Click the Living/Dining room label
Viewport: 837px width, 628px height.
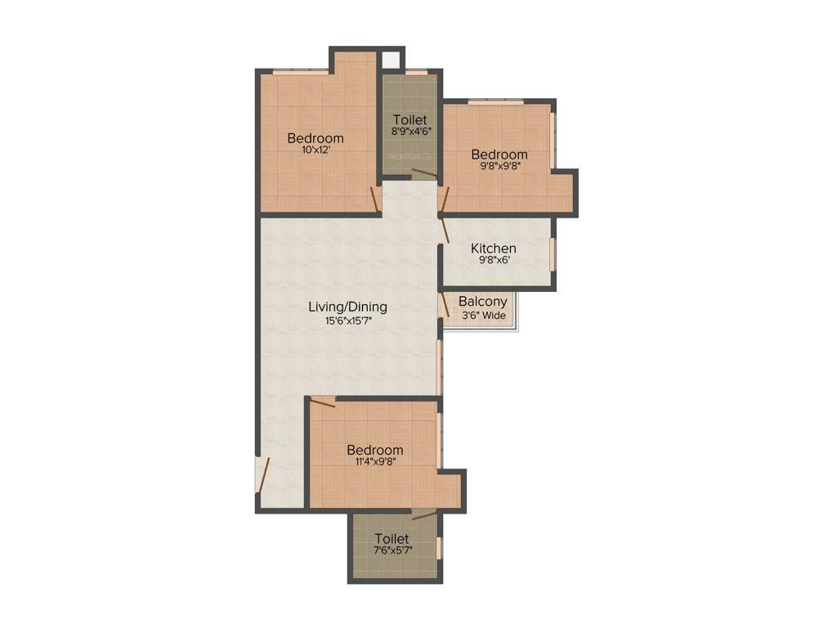click(x=347, y=307)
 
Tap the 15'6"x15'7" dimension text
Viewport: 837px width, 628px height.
click(x=347, y=321)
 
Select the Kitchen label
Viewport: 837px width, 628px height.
click(x=493, y=249)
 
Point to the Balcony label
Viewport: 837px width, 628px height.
click(x=482, y=302)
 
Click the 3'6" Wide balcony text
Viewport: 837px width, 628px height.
click(x=483, y=315)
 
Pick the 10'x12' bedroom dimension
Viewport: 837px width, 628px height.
click(x=315, y=150)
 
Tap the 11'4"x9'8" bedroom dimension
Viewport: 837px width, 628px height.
click(x=374, y=462)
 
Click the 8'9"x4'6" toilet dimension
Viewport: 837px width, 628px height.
click(x=410, y=131)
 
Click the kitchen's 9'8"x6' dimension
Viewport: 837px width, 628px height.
click(x=493, y=262)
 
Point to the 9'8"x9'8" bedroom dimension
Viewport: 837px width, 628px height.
click(x=499, y=166)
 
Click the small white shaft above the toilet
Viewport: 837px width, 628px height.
click(x=391, y=60)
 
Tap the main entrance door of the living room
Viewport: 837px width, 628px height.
click(x=262, y=475)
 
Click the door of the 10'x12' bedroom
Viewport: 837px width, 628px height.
click(x=375, y=200)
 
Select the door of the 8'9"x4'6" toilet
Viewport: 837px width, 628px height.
click(x=424, y=173)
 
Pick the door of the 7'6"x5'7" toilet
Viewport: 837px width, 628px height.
click(x=423, y=514)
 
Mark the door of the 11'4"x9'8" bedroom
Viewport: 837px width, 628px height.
click(x=323, y=401)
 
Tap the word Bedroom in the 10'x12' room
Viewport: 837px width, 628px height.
click(x=315, y=138)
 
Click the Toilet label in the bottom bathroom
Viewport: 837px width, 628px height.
click(x=392, y=539)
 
